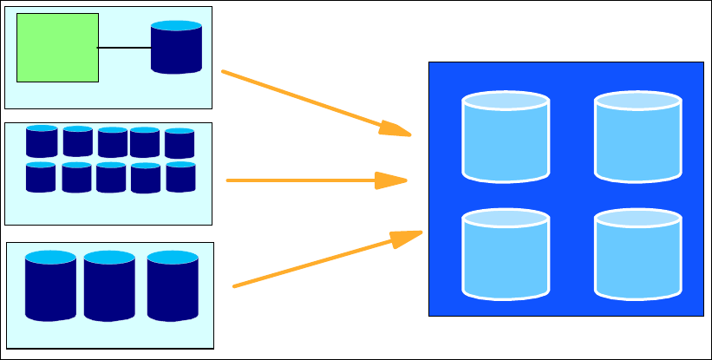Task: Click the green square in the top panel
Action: [x=57, y=48]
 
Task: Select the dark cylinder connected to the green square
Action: [x=176, y=48]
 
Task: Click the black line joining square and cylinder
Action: [x=124, y=47]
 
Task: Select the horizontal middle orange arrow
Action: [x=304, y=180]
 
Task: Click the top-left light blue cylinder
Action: [x=506, y=137]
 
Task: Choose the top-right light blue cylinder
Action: [x=637, y=137]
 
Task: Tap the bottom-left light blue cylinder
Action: [x=506, y=253]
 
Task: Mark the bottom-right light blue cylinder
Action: [x=637, y=253]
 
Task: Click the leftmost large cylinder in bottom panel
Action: [x=50, y=286]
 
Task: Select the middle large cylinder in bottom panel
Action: [x=109, y=286]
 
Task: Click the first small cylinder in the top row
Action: [x=41, y=141]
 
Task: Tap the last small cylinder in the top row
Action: [x=180, y=144]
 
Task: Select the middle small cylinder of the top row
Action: [x=113, y=143]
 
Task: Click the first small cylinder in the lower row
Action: [x=41, y=177]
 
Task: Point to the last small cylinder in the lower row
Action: [x=180, y=177]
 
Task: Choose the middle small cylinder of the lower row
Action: [x=111, y=178]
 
